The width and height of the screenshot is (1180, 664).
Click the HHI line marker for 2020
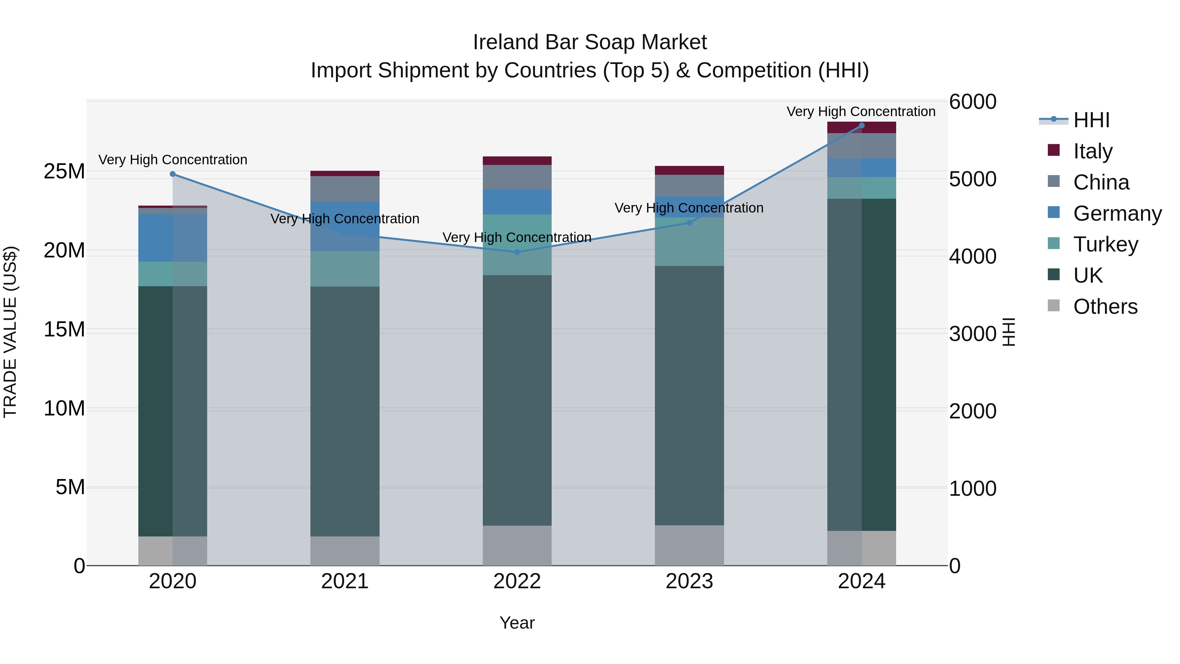tap(173, 174)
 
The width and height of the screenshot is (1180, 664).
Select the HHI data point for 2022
tap(517, 252)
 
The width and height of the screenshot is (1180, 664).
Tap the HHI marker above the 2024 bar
tap(862, 126)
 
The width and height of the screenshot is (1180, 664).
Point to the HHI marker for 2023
tap(689, 223)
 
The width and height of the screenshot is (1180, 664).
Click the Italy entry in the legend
tap(1092, 151)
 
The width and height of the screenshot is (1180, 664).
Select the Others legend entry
tap(1105, 306)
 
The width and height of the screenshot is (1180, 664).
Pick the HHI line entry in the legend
tap(1091, 120)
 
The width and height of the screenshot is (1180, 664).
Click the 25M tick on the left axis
tap(64, 171)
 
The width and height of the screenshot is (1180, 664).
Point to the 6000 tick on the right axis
tap(972, 102)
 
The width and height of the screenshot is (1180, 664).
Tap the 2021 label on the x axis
tap(345, 581)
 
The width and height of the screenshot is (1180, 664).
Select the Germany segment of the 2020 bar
tap(173, 237)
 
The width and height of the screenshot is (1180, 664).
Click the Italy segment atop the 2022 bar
tap(517, 160)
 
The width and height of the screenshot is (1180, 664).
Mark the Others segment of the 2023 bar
tap(689, 545)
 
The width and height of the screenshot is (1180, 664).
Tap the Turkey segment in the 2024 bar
tap(862, 188)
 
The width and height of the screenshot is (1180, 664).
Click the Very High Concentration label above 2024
tap(861, 111)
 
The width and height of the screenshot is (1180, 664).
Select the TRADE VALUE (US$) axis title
tap(10, 332)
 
